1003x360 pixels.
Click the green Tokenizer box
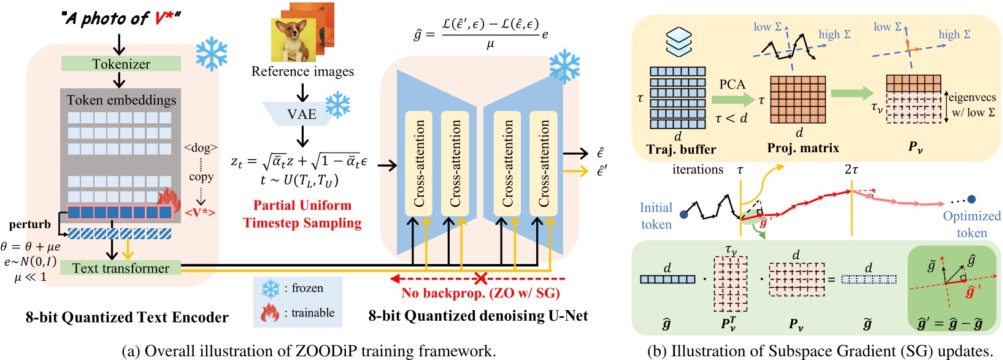click(121, 64)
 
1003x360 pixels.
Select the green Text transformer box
click(120, 268)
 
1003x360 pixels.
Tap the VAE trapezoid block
click(301, 114)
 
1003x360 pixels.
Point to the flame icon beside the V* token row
click(169, 199)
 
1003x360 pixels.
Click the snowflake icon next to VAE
click(337, 105)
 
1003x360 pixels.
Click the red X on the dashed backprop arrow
click(481, 279)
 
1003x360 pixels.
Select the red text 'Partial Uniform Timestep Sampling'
click(302, 214)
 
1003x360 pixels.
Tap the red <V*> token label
click(200, 213)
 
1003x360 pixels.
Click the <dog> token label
click(201, 148)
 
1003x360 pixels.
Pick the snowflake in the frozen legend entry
click(271, 289)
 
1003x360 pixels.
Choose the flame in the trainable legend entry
click(270, 313)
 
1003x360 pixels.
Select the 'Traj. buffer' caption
click(681, 149)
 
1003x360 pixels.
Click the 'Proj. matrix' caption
click(803, 148)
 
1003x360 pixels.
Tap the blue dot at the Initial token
click(684, 214)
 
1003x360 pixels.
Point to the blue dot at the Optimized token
click(972, 199)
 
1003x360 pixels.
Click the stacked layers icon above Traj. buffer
click(679, 42)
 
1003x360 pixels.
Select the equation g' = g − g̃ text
click(952, 323)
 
